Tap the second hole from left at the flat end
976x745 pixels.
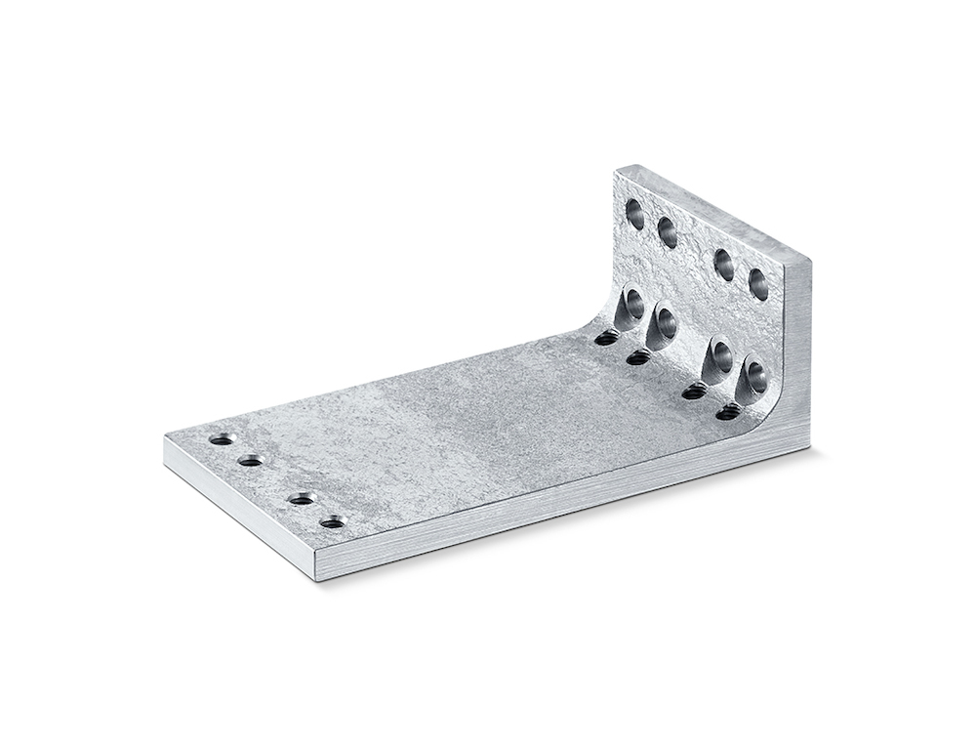coord(251,460)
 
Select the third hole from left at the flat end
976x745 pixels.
coord(302,499)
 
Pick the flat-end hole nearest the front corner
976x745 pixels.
coord(333,521)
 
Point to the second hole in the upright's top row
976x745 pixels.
coord(668,232)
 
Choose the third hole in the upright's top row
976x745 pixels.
coord(724,264)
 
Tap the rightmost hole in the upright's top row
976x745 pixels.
coord(758,283)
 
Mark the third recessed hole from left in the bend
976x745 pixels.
coord(721,356)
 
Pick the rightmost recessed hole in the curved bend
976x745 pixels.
coord(755,378)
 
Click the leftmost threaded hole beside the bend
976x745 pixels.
coord(606,338)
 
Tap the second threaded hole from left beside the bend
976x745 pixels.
coord(638,357)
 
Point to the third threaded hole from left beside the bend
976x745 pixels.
coord(694,392)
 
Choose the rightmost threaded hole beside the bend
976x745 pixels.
coord(728,412)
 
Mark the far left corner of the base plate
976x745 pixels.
coord(165,436)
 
